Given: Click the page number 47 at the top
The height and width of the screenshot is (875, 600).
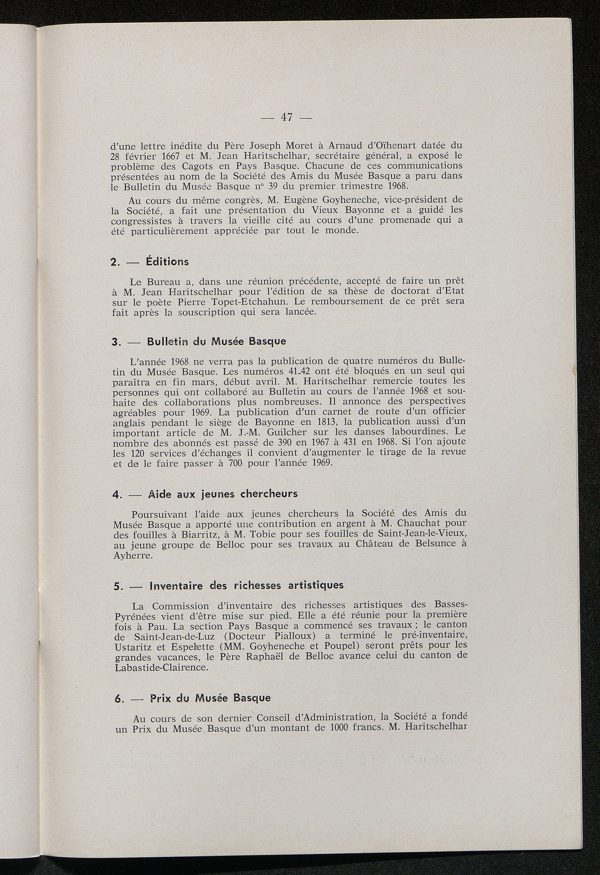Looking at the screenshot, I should [x=287, y=117].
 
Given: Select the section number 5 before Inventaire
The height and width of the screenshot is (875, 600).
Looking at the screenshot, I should [x=114, y=586].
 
